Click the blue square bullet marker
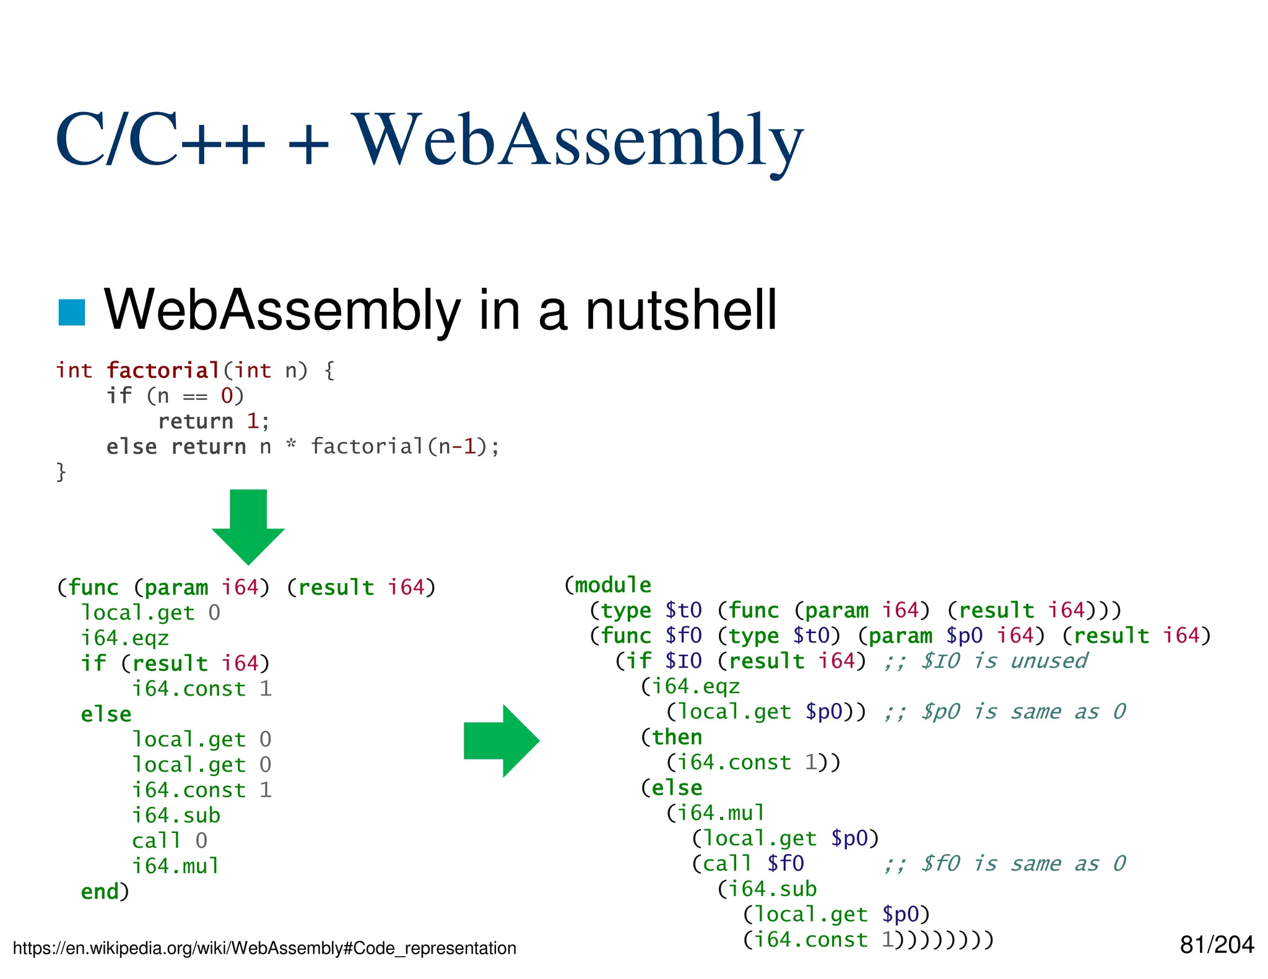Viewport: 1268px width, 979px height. (72, 312)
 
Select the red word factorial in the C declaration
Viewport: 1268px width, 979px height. (163, 371)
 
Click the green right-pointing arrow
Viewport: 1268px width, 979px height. (502, 741)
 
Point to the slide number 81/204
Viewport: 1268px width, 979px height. (1216, 945)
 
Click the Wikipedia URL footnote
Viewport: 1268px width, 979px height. (264, 948)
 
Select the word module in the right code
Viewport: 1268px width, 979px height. (612, 585)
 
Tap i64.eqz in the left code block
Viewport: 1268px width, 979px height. (125, 638)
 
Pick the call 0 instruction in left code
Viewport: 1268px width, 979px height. (170, 841)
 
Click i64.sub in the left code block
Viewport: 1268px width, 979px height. (176, 816)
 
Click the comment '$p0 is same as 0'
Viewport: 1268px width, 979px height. (1004, 712)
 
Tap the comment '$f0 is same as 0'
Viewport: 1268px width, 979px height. (1004, 864)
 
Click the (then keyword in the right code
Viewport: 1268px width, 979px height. (672, 737)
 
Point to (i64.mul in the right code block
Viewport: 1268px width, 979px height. (716, 813)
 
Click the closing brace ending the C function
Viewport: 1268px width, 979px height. (61, 472)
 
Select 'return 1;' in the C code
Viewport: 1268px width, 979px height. (214, 421)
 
